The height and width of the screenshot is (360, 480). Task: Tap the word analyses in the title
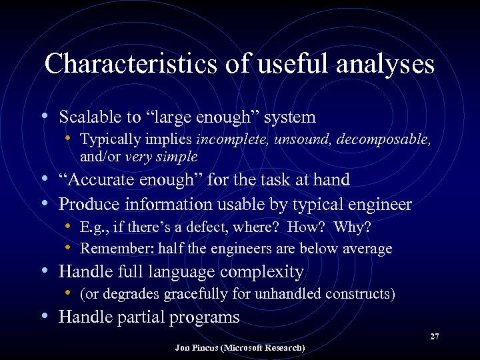coord(386,64)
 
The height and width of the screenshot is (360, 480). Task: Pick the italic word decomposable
coord(385,140)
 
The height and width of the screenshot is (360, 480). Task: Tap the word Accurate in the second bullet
coord(100,179)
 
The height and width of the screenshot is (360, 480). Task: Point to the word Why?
coord(352,227)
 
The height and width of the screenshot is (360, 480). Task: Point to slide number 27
coord(434,337)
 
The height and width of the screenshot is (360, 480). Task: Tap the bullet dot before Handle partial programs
coord(44,315)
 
